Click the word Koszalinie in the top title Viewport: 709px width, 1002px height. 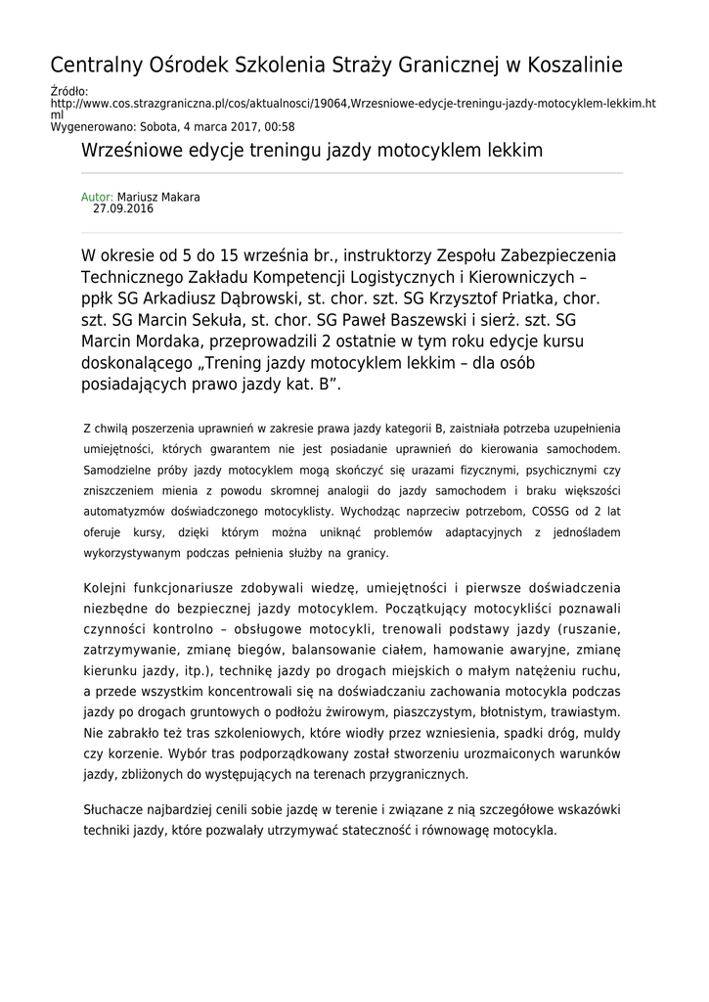568,67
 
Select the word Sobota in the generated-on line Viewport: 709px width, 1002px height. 158,126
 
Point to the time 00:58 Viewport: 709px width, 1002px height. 281,126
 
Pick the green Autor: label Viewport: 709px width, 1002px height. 97,197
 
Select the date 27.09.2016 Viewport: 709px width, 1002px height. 123,208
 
